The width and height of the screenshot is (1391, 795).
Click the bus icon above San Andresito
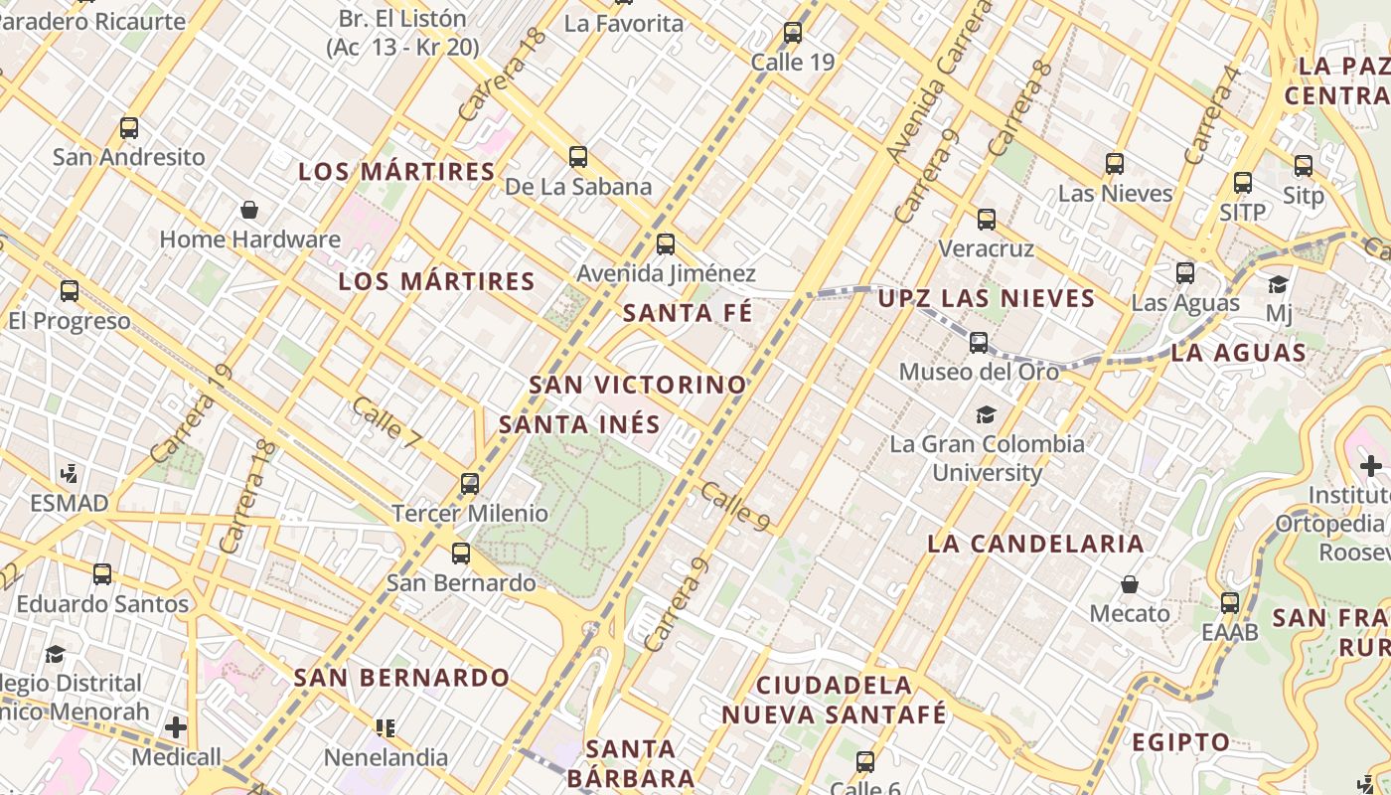coord(129,128)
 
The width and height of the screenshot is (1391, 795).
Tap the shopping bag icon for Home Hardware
coord(249,210)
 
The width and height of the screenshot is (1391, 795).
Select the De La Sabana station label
coord(577,187)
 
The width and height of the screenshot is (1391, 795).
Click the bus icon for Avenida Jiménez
coord(666,244)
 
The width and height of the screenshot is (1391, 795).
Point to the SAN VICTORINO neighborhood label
coord(637,385)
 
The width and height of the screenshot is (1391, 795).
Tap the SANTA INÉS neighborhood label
coord(579,424)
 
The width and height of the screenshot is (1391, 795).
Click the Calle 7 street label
coord(386,421)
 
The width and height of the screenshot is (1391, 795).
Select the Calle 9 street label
coord(735,506)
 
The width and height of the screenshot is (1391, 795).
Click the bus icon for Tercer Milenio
coord(470,484)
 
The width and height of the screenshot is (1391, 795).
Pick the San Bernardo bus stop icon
coord(461,554)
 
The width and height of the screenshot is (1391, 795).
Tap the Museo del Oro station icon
coord(979,343)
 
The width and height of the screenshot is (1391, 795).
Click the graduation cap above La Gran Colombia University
coord(986,414)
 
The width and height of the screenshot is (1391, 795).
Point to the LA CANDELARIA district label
coord(1035,544)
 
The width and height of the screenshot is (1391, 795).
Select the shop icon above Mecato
coord(1130,583)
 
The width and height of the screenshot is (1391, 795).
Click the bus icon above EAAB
coord(1230,602)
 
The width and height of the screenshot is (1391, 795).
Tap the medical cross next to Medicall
coord(176,727)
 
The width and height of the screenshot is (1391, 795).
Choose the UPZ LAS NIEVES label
coord(986,298)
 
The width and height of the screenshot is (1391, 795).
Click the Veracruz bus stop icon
coord(986,220)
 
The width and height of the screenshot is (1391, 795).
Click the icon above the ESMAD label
coord(69,473)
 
